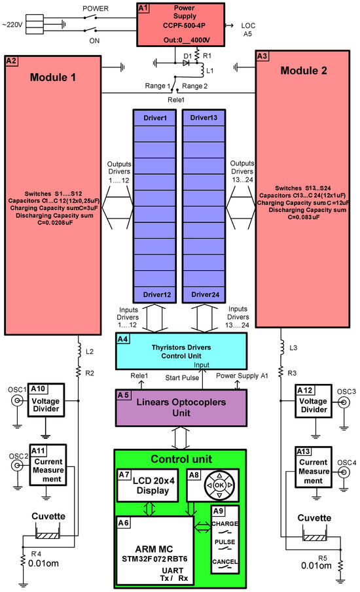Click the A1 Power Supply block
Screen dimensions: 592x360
tap(178, 25)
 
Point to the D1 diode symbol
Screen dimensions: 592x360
tap(186, 64)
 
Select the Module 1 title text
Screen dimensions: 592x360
tap(53, 77)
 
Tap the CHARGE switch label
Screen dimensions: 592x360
tap(225, 524)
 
